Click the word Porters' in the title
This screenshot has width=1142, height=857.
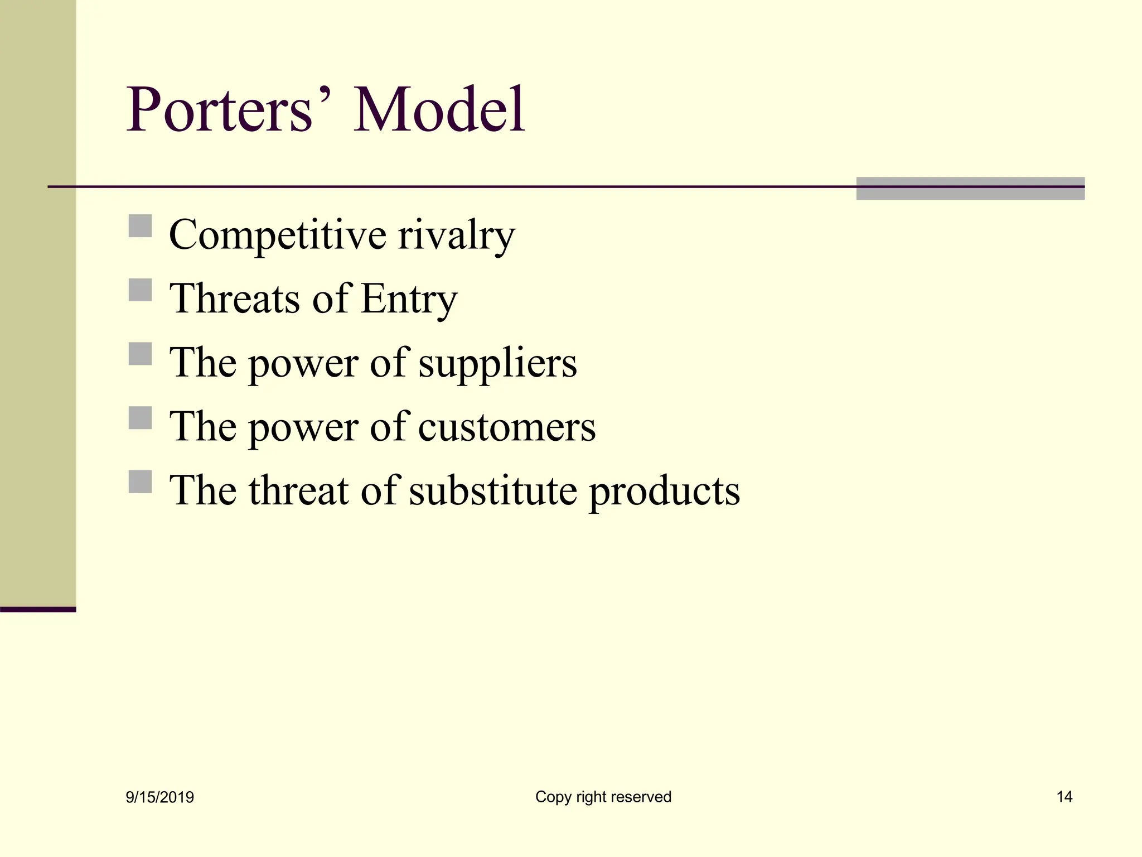pos(229,110)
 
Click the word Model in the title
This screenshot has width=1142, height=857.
pos(439,110)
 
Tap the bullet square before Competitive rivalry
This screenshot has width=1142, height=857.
pos(140,226)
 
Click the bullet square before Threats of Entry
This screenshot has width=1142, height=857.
pos(140,290)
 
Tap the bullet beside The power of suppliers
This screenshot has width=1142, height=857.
pos(140,354)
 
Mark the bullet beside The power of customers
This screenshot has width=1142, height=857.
pos(140,418)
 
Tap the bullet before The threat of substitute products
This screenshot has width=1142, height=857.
pos(140,482)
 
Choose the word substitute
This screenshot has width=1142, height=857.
pos(493,491)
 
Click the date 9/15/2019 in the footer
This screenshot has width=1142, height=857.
pos(160,797)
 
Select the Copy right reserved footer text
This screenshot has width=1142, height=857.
pos(603,797)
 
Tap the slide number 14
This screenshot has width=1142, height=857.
pos(1064,797)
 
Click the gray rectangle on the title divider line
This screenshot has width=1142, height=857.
pos(970,189)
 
